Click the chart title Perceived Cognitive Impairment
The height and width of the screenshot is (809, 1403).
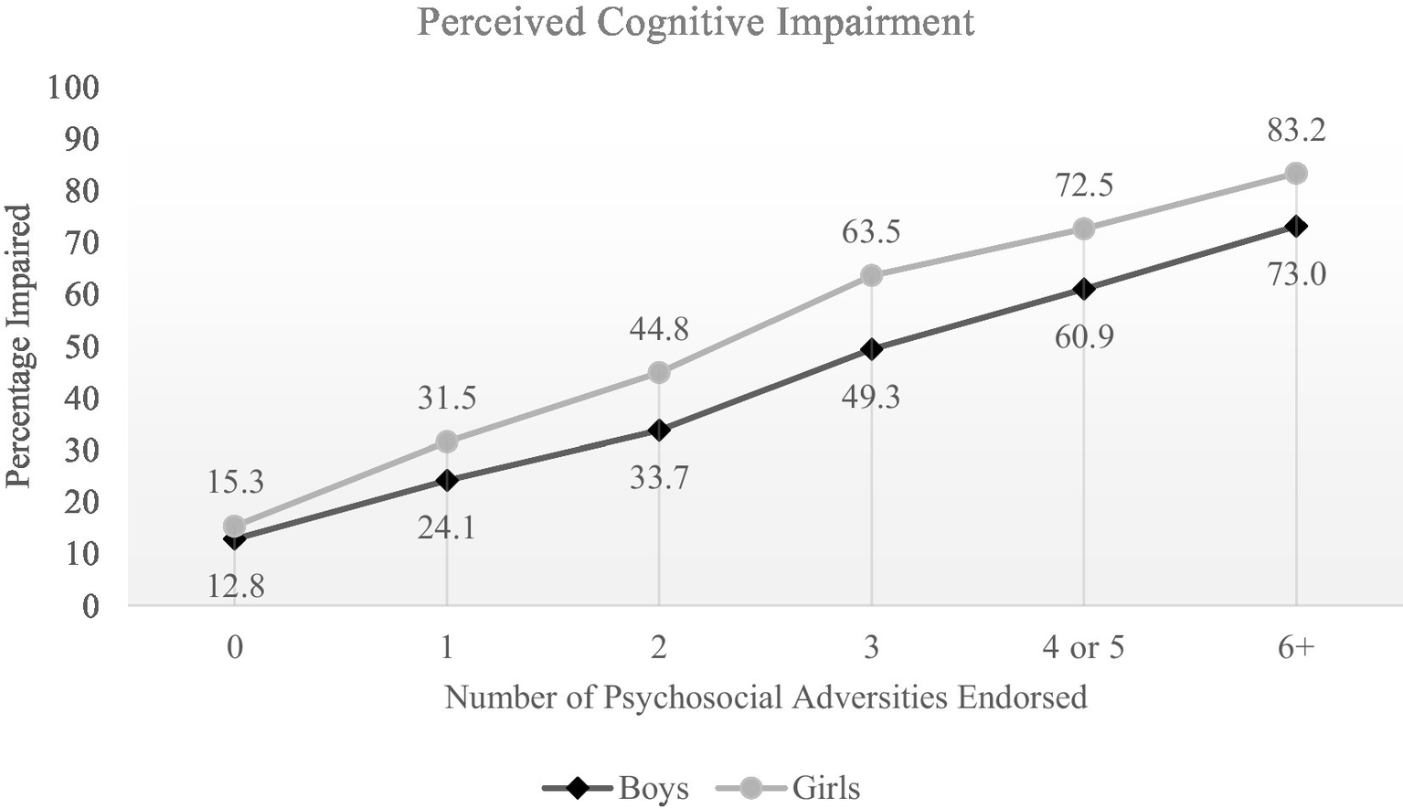[x=696, y=22]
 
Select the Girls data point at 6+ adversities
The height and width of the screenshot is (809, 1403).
[x=1295, y=173]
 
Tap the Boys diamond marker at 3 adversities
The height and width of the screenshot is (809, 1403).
[x=871, y=348]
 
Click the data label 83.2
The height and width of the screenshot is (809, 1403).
[x=1295, y=131]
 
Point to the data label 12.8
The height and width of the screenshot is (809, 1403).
[x=235, y=586]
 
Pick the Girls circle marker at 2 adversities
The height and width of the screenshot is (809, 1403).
[x=659, y=372]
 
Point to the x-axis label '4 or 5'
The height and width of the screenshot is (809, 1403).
[x=1083, y=648]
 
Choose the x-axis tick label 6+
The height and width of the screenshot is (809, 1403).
[x=1295, y=648]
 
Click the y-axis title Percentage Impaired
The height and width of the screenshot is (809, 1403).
[x=19, y=346]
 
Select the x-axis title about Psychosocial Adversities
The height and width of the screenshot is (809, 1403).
[x=765, y=697]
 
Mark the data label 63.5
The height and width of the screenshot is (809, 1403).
[x=871, y=231]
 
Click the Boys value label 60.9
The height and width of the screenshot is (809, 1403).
[x=1083, y=337]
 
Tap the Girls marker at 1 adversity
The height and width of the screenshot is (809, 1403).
[x=446, y=442]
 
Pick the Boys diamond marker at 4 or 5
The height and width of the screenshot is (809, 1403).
[x=1083, y=289]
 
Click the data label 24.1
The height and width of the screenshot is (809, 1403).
[x=446, y=527]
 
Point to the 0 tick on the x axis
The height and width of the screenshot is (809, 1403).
[x=235, y=648]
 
